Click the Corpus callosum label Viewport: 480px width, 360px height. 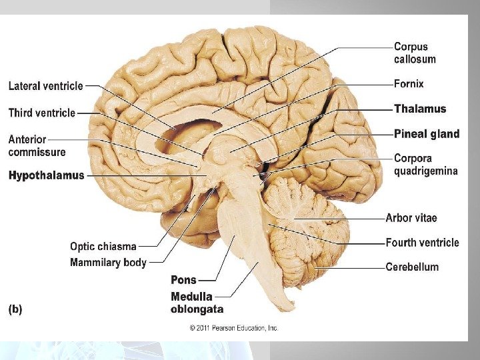tap(415, 53)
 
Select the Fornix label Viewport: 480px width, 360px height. tap(408, 85)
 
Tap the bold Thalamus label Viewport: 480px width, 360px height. tap(420, 109)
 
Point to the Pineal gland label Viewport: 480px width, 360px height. tap(427, 134)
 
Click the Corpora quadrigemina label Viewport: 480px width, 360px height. tap(425, 165)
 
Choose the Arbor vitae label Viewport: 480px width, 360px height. tap(411, 218)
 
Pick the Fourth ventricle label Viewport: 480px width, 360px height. tap(422, 243)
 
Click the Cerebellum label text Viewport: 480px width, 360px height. tap(412, 267)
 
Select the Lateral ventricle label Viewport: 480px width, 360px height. tap(45, 85)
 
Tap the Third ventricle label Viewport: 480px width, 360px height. tap(41, 113)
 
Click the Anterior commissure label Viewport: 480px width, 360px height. tap(37, 145)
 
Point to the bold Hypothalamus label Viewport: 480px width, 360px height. tap(46, 175)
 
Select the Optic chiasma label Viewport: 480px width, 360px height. tap(103, 246)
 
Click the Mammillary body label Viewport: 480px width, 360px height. tap(108, 263)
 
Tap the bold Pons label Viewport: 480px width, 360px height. tap(183, 280)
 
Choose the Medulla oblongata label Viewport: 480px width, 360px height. tap(197, 303)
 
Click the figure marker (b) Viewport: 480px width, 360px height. tap(15, 309)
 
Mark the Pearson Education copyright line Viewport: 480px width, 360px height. tap(234, 328)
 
